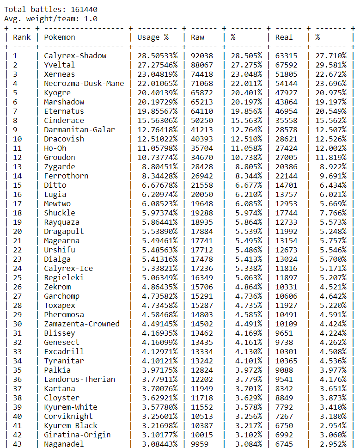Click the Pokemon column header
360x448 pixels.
point(59,37)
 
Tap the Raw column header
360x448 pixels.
point(197,37)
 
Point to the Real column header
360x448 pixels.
point(284,37)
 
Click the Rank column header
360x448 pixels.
point(22,37)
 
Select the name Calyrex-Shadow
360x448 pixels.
point(75,55)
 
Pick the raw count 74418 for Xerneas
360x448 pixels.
point(202,74)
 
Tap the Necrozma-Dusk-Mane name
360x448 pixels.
point(84,83)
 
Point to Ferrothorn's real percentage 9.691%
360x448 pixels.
point(331,176)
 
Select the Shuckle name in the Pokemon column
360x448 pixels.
point(59,213)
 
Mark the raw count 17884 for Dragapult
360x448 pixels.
point(202,231)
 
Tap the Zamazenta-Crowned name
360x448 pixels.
point(82,324)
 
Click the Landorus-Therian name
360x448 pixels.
point(79,379)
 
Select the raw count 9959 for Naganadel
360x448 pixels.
point(200,444)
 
